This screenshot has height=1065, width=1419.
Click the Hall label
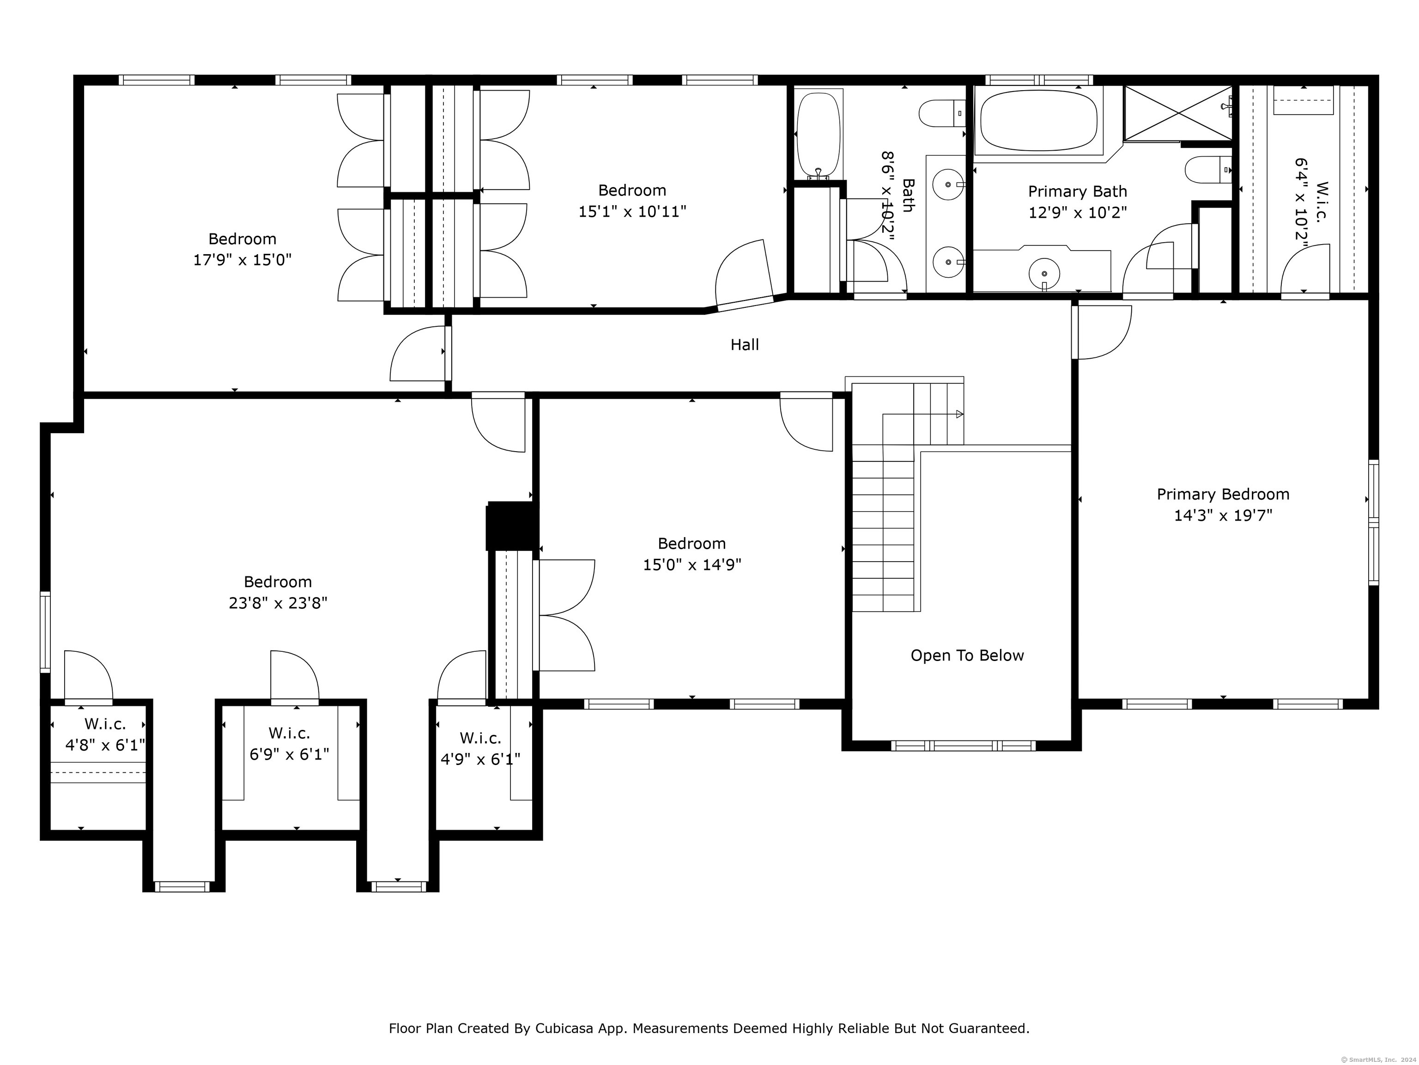point(744,345)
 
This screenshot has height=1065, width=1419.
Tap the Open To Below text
point(967,655)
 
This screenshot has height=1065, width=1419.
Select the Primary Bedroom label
point(1223,494)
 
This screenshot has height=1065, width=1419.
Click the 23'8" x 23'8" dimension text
point(278,603)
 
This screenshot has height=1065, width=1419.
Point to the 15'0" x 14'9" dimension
point(692,564)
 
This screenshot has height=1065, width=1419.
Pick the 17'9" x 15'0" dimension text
point(243,260)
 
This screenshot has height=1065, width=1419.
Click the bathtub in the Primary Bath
point(1038,120)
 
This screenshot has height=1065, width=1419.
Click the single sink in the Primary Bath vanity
point(1044,274)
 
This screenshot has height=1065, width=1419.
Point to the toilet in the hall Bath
point(942,114)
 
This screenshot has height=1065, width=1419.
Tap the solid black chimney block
point(512,526)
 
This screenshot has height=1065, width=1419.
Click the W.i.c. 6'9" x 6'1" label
point(289,743)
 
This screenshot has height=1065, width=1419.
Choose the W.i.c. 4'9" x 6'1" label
point(480,748)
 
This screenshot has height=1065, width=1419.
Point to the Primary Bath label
point(1077,191)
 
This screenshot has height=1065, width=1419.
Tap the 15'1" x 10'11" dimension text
point(632,211)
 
